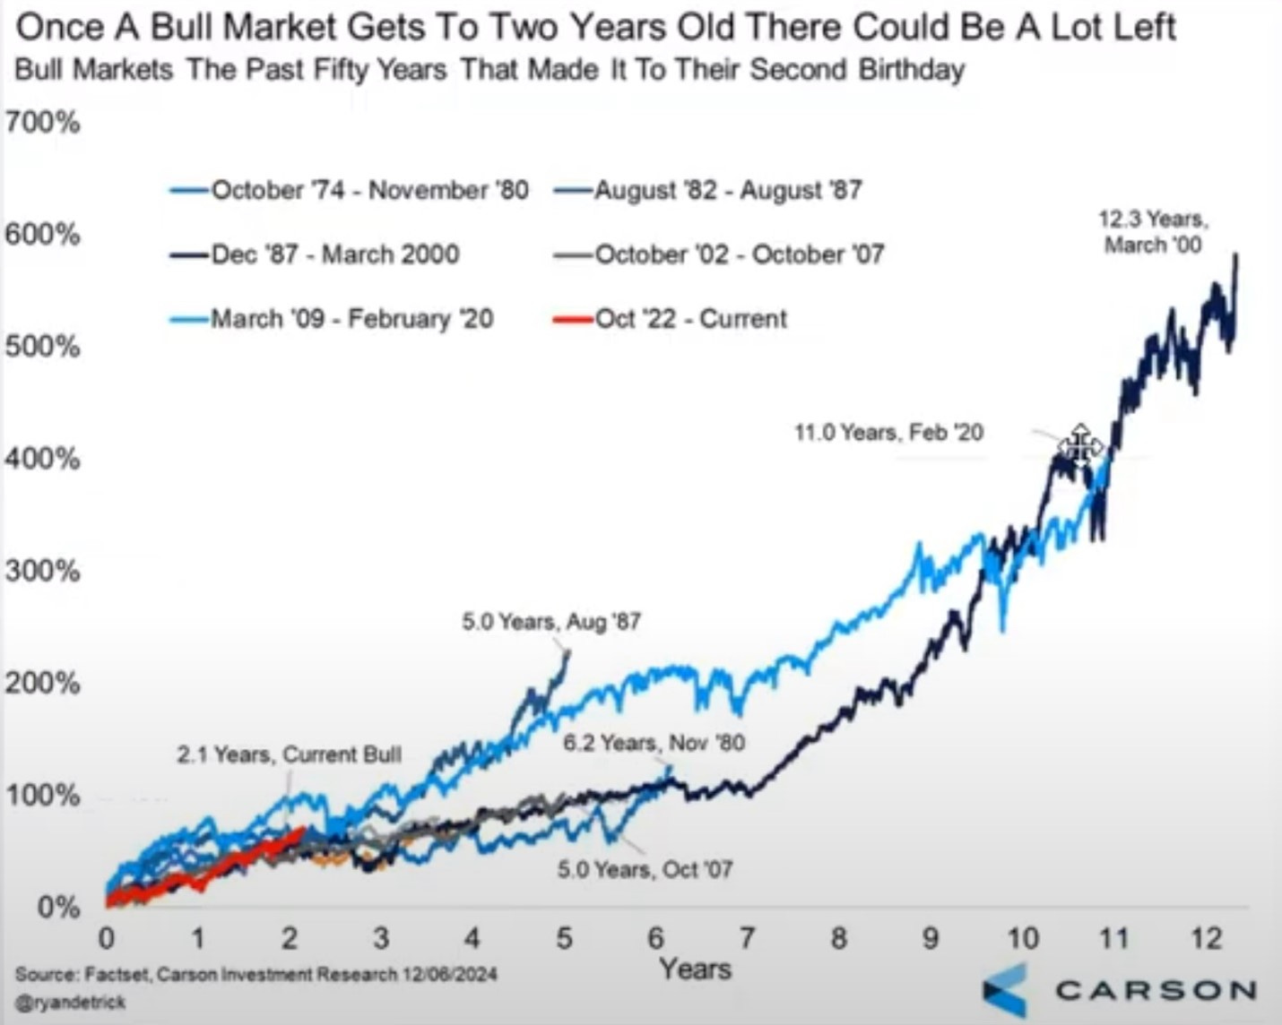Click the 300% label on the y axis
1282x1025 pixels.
(x=42, y=571)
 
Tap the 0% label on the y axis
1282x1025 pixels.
(x=58, y=907)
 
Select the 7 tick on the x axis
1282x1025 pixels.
(x=747, y=938)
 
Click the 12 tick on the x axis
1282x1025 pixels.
(x=1206, y=938)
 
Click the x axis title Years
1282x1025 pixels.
(x=695, y=969)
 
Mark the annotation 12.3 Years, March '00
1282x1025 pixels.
(x=1153, y=232)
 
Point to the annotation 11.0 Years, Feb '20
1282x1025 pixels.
(x=888, y=433)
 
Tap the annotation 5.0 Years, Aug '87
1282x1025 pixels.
(x=551, y=622)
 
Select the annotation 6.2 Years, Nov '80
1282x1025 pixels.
(x=654, y=743)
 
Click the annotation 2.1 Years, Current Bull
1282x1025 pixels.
(x=289, y=754)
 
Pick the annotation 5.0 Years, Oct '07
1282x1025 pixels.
(x=645, y=869)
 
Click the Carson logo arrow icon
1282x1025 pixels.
(x=1005, y=991)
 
